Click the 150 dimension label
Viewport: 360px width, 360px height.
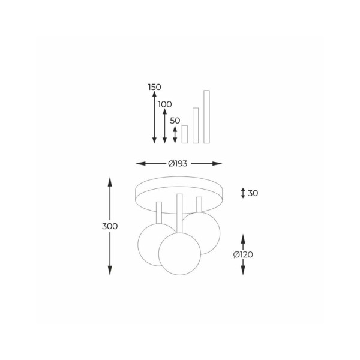coord(155,87)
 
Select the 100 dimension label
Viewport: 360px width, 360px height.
coord(165,104)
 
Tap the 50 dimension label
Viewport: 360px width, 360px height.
coord(175,121)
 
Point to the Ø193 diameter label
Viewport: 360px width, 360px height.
coord(178,163)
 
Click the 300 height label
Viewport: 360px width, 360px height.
coord(110,226)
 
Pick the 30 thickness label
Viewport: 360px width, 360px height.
coord(253,193)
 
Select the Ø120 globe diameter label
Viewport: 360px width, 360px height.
coord(243,254)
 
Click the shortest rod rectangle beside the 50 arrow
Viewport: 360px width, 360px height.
coord(185,134)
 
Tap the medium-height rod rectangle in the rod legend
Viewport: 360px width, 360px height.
coord(196,125)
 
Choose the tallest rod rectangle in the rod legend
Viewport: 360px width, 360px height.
coord(206,117)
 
